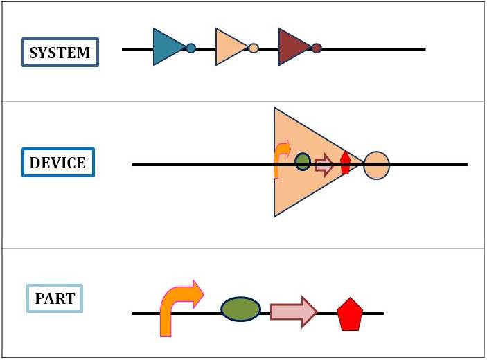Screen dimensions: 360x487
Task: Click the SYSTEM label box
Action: click(x=60, y=53)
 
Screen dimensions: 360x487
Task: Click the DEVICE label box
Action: click(x=57, y=163)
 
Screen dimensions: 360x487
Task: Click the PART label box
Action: click(x=55, y=298)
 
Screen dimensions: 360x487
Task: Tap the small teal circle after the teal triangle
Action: click(x=191, y=48)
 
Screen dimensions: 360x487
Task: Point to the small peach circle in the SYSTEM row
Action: click(x=254, y=48)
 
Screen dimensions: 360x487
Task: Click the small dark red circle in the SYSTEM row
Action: click(x=317, y=48)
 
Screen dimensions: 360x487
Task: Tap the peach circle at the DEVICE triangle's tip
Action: click(x=376, y=165)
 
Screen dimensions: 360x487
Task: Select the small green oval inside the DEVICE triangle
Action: click(x=303, y=162)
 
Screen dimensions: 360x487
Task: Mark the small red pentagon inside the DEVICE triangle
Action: click(x=345, y=163)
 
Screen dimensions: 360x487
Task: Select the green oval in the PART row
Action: click(x=241, y=309)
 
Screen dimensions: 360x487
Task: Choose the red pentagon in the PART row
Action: click(x=350, y=316)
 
